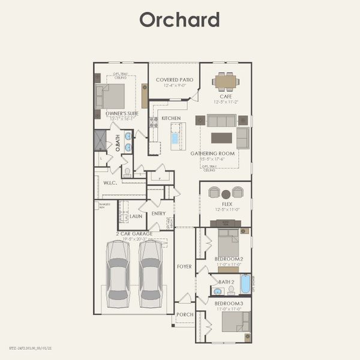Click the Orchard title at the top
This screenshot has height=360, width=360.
tap(179, 19)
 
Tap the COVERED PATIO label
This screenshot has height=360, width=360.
tap(174, 80)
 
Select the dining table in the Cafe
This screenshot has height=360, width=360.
tap(226, 81)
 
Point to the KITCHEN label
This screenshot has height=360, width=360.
tap(171, 119)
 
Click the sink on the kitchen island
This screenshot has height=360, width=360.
tap(175, 138)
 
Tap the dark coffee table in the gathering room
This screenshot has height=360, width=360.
tap(221, 137)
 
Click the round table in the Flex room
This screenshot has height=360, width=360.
tap(226, 194)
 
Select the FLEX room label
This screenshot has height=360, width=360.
tap(227, 204)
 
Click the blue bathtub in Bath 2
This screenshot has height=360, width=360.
tap(245, 284)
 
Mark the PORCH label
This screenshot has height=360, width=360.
tap(184, 314)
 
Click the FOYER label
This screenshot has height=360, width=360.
tap(184, 266)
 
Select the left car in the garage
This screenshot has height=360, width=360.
tap(118, 274)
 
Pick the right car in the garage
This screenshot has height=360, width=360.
tap(150, 274)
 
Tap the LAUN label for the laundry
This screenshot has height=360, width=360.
tap(136, 216)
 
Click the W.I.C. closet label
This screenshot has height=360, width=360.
tap(109, 183)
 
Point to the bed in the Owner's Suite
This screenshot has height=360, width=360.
tap(112, 96)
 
